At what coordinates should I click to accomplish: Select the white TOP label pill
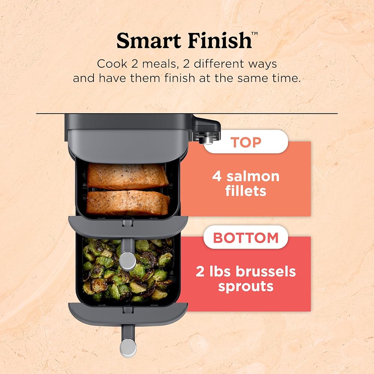tap(246, 142)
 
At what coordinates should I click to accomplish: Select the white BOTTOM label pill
tap(246, 237)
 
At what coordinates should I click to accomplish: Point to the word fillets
tap(245, 191)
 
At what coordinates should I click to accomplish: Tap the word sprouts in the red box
tap(246, 286)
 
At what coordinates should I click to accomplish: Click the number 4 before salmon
tap(217, 176)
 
